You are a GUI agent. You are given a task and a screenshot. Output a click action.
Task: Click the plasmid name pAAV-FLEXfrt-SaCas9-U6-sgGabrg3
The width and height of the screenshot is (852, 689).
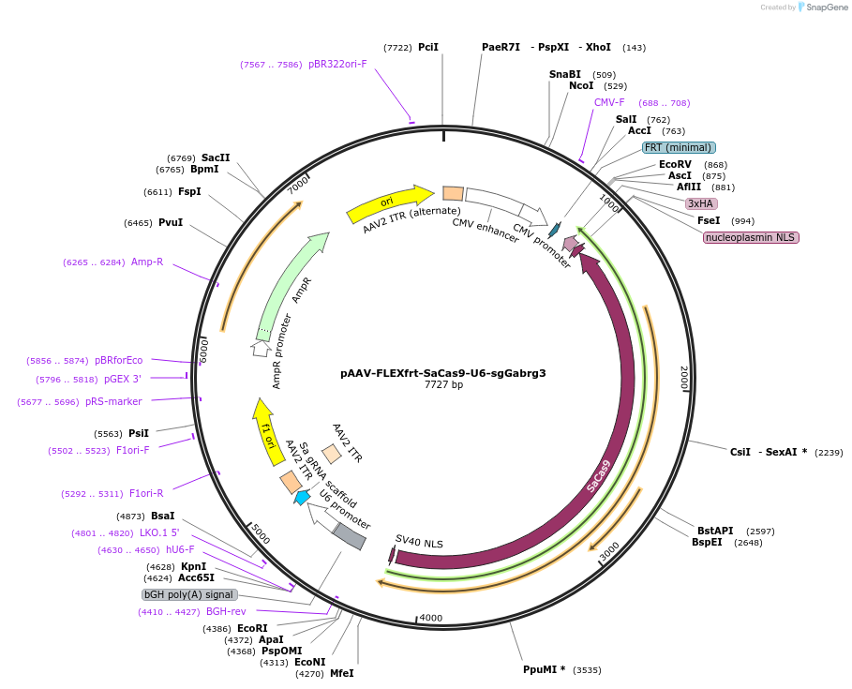(442, 372)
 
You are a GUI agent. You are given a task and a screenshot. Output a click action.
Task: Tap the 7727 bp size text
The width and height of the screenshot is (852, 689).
(443, 385)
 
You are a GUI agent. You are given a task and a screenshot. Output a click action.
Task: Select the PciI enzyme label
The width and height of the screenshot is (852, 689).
(428, 47)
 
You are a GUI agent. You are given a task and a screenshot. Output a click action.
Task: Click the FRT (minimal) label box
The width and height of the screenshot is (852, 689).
(679, 148)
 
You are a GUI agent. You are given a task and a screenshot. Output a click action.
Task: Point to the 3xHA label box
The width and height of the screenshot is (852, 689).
(701, 203)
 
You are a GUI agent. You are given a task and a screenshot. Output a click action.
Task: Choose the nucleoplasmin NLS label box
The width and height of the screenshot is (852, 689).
(750, 237)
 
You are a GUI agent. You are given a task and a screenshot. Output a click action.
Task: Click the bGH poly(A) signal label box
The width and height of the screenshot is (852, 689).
(189, 594)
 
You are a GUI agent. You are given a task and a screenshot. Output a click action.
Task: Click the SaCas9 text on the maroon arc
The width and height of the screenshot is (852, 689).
(599, 475)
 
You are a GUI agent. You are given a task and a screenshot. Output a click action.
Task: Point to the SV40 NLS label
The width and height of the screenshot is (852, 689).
(419, 542)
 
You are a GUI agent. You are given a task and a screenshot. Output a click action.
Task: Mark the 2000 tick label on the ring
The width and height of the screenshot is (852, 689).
(684, 377)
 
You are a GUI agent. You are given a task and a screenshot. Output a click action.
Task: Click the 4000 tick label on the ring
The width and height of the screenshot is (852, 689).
(430, 618)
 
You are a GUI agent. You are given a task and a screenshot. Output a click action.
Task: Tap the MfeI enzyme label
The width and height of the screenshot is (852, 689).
(342, 673)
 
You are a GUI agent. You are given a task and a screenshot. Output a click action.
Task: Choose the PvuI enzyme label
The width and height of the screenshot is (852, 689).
(171, 223)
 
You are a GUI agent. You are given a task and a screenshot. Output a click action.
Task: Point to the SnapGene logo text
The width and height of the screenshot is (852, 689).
(828, 7)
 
